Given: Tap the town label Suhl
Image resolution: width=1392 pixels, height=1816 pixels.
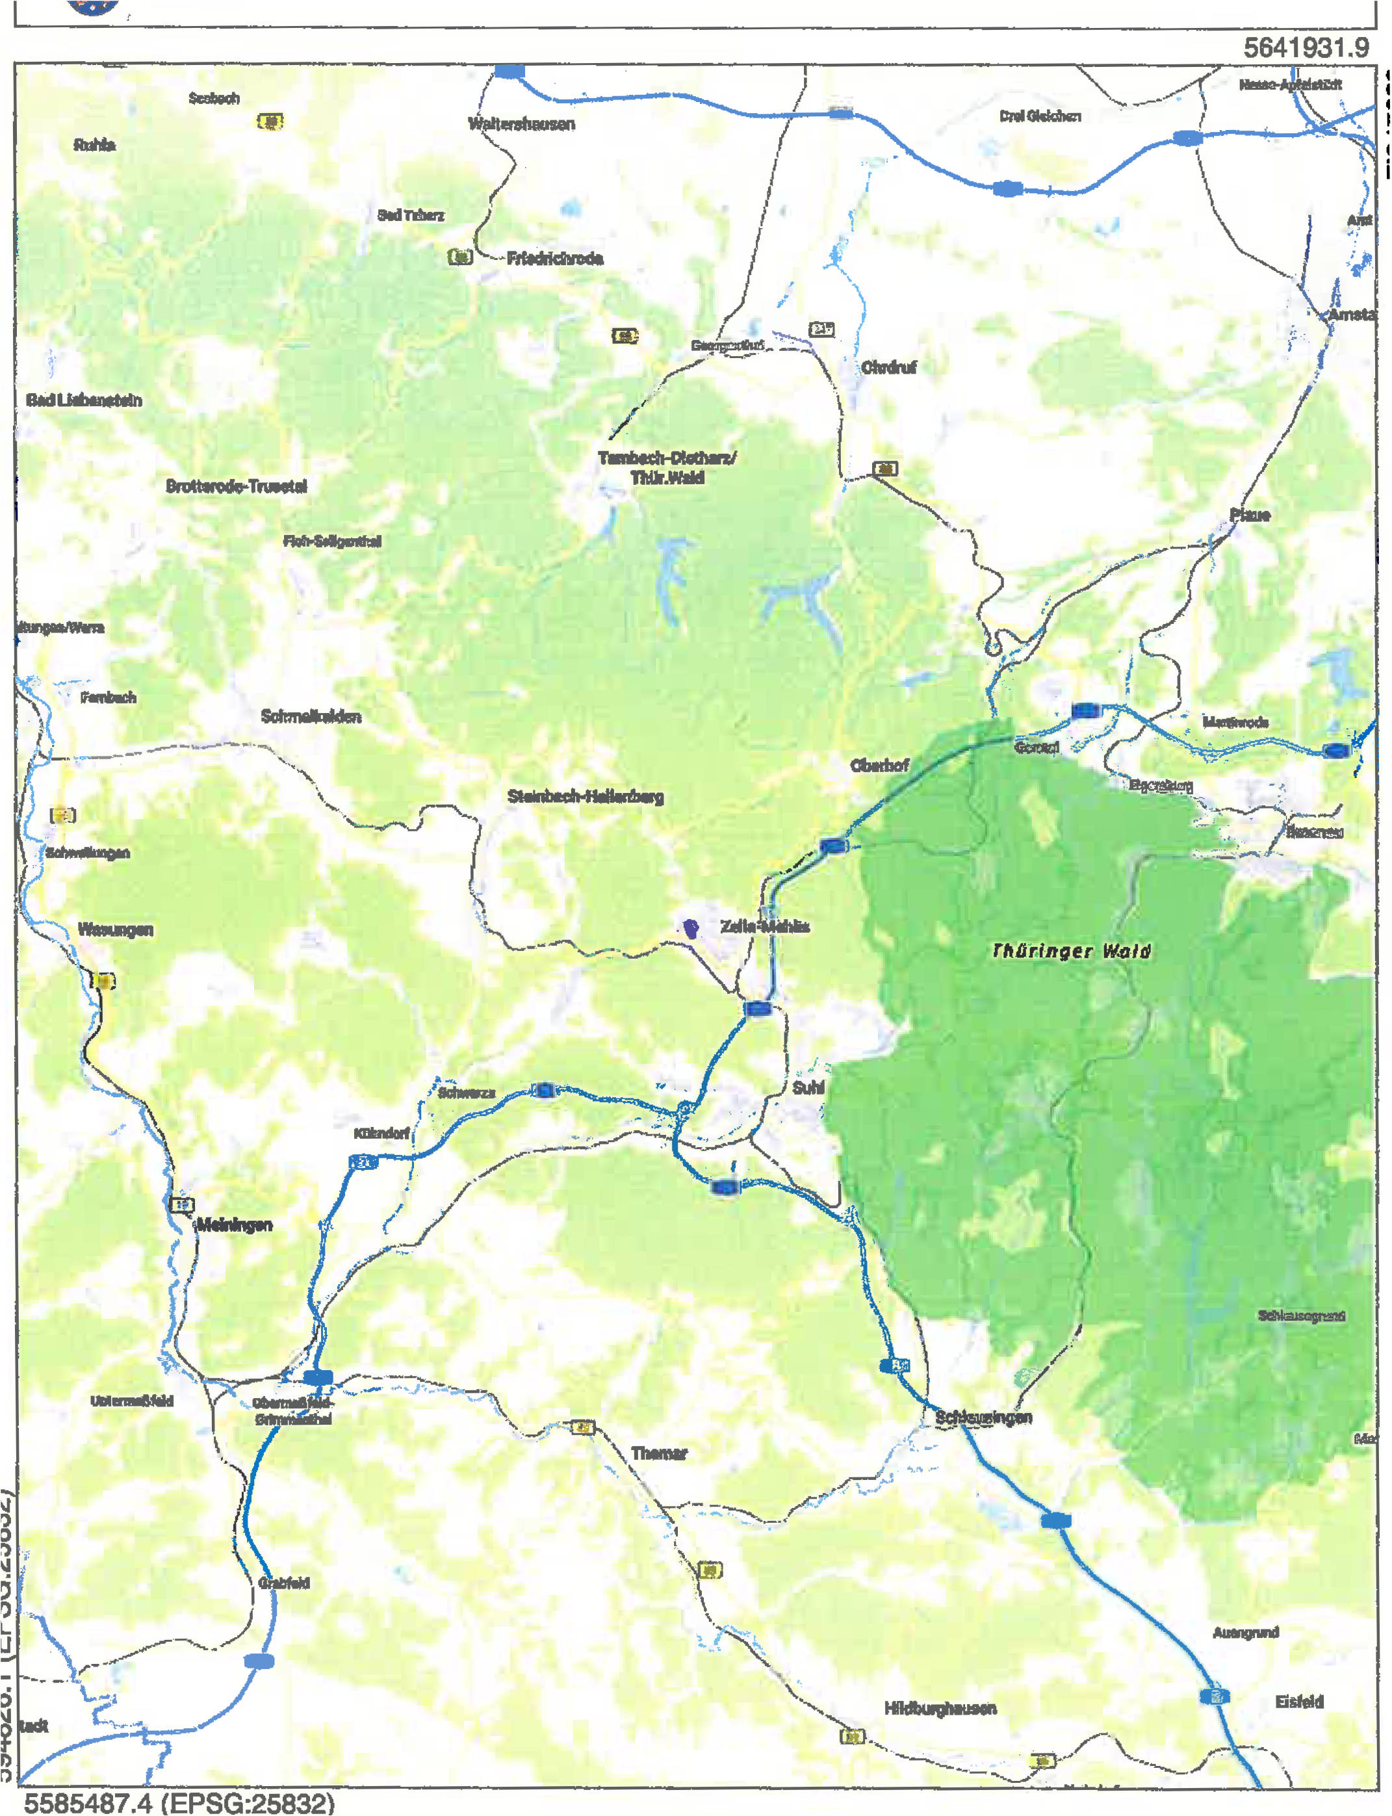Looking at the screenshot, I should coord(807,1088).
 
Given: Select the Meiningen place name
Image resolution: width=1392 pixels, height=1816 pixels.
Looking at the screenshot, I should coord(235,1225).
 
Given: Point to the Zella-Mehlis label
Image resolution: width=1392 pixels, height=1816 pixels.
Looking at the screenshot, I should coord(764,926).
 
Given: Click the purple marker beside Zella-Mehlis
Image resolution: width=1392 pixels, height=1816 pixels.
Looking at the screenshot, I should coord(690,928).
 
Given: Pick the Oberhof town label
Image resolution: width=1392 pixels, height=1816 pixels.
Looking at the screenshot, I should coord(879,766).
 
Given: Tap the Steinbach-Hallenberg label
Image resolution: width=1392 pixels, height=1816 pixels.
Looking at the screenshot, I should coord(585,796).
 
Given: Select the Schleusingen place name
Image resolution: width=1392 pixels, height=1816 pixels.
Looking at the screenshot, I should coord(983,1417).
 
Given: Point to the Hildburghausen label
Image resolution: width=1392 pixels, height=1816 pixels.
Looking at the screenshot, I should coord(940,1707).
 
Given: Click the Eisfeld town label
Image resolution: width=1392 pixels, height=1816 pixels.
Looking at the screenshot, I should coord(1298,1702).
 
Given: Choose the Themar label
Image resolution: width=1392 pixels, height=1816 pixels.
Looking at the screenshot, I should coord(659,1453).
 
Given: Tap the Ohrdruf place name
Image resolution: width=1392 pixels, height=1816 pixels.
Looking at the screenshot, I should coord(888,367).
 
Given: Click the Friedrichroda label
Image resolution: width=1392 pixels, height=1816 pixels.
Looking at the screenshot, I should coord(554,259).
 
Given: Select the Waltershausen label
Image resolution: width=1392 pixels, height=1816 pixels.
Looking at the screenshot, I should coord(521,124).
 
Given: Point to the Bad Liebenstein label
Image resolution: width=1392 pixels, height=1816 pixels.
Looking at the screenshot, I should coord(84,400).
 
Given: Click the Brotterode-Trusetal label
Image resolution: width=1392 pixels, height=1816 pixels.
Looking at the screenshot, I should coord(236,486).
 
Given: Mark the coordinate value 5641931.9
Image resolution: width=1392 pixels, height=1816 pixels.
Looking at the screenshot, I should coord(1305,48).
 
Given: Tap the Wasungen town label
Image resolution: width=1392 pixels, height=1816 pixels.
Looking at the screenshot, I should coord(115,929).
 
